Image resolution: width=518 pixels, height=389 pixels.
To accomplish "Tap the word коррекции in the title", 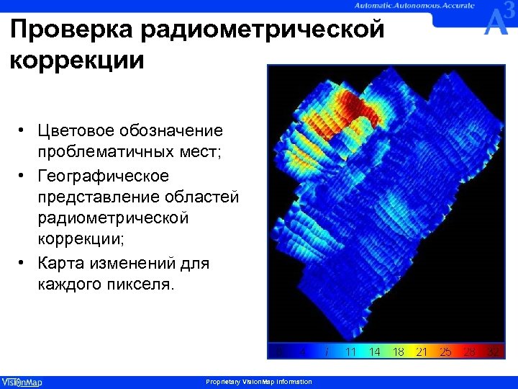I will [78, 59].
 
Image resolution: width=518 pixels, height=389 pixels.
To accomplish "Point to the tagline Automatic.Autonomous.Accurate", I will [414, 5].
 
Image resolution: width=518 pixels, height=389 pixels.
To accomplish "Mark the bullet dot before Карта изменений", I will [24, 264].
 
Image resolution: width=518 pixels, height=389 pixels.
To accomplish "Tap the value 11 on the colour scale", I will [351, 352].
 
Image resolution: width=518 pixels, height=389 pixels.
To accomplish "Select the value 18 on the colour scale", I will [398, 352].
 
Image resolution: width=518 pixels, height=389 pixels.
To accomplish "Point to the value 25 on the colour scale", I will [445, 352].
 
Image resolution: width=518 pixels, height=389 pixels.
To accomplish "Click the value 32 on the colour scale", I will [493, 352].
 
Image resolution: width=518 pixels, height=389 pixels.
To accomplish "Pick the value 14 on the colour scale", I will [374, 352].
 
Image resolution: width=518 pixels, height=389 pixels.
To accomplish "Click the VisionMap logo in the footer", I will [22, 382].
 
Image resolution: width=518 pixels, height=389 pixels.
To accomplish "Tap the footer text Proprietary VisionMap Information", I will [259, 382].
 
